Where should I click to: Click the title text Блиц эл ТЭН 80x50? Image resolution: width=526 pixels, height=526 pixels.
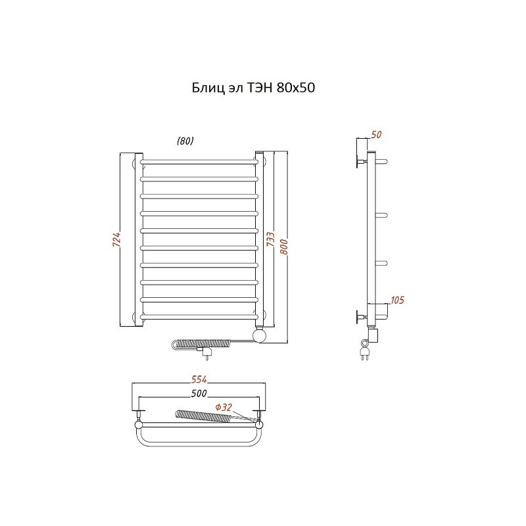(x=253, y=88)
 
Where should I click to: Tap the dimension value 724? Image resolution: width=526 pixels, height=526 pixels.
(x=116, y=239)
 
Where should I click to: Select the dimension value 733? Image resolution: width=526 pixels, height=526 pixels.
(x=270, y=239)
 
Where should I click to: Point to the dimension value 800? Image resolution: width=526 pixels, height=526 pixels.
(x=284, y=247)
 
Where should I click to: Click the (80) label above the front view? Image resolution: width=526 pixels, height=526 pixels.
(x=185, y=141)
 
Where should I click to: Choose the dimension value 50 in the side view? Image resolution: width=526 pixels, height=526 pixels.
(x=376, y=135)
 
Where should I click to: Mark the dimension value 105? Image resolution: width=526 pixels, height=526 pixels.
(x=397, y=300)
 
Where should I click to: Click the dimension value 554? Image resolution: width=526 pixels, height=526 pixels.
(x=199, y=379)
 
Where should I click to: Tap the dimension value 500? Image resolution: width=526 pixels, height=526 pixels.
(x=199, y=393)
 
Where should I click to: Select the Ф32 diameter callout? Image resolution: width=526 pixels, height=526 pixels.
(x=224, y=407)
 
